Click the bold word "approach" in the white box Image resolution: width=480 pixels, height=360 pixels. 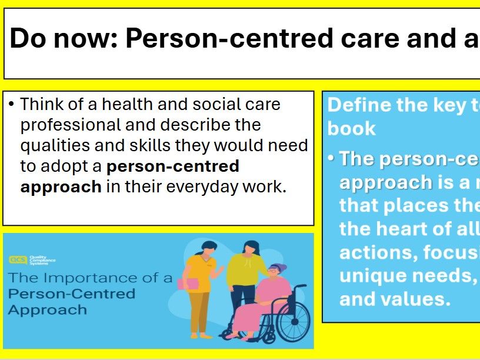(61, 187)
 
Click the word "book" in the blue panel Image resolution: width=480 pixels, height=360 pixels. (351, 128)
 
